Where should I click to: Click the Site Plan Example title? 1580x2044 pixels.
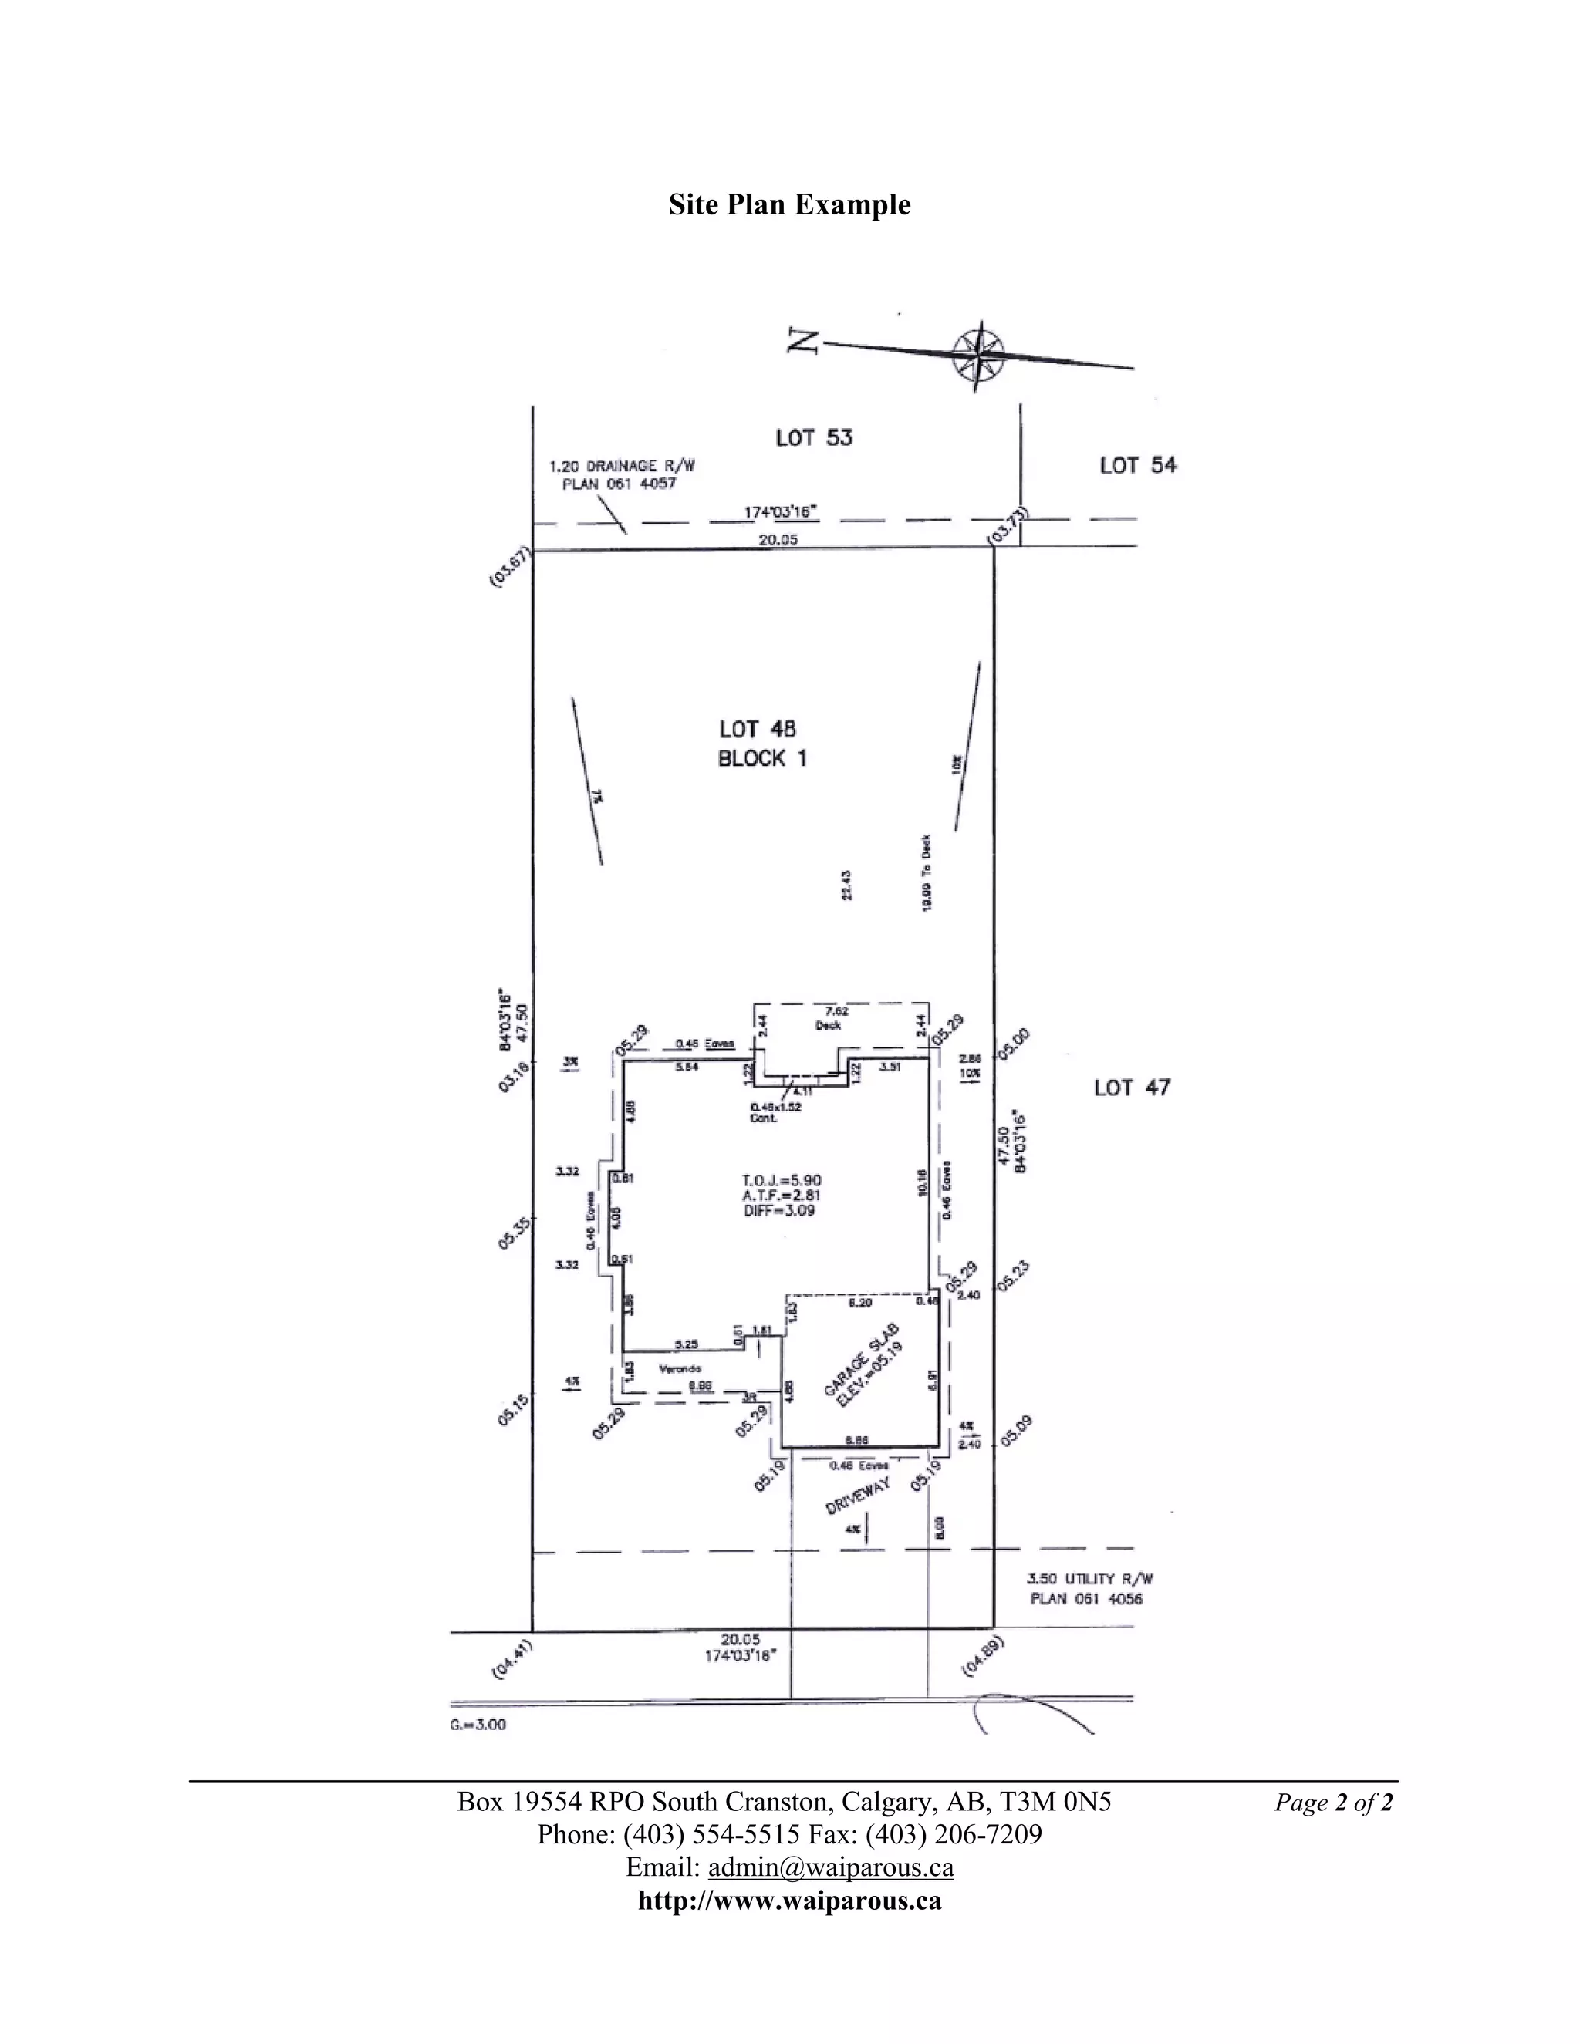pos(789,205)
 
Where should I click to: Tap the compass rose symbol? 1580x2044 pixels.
pos(978,355)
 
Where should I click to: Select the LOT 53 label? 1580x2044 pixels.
pos(813,437)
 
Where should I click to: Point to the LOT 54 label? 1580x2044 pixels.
pos(1137,464)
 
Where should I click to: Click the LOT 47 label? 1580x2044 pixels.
pos(1132,1088)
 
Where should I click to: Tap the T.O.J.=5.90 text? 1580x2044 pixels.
pos(782,1180)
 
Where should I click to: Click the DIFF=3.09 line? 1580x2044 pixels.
pos(778,1210)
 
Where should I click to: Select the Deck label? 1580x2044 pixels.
pos(829,1025)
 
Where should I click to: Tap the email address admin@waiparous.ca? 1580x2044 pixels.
pos(830,1867)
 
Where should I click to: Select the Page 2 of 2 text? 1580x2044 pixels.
pos(1333,1803)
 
